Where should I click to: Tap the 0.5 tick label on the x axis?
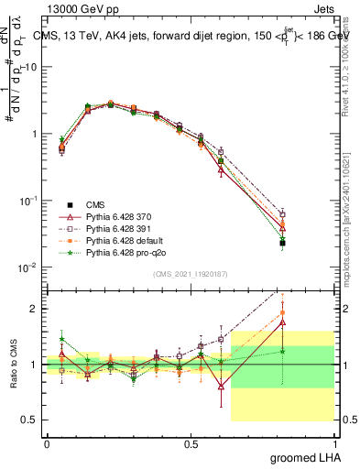point(191,443)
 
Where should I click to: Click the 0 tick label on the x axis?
point(47,443)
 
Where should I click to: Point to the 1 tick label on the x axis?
point(334,443)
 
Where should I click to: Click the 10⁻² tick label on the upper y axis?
point(30,267)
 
